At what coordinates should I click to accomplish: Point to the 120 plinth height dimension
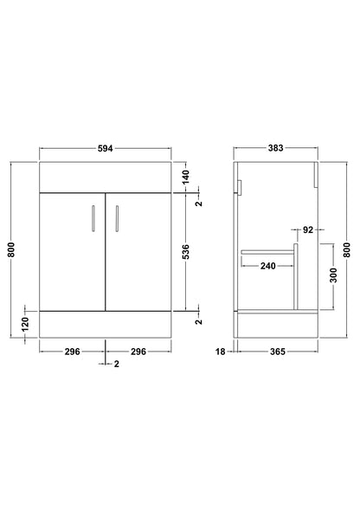click(x=26, y=325)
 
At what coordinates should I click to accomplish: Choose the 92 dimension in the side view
click(x=309, y=230)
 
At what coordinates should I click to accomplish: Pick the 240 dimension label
click(x=268, y=266)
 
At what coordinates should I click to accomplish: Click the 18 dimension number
click(x=222, y=352)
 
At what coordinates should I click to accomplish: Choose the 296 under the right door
click(x=138, y=352)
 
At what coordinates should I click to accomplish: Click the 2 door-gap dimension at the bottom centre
click(x=116, y=365)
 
